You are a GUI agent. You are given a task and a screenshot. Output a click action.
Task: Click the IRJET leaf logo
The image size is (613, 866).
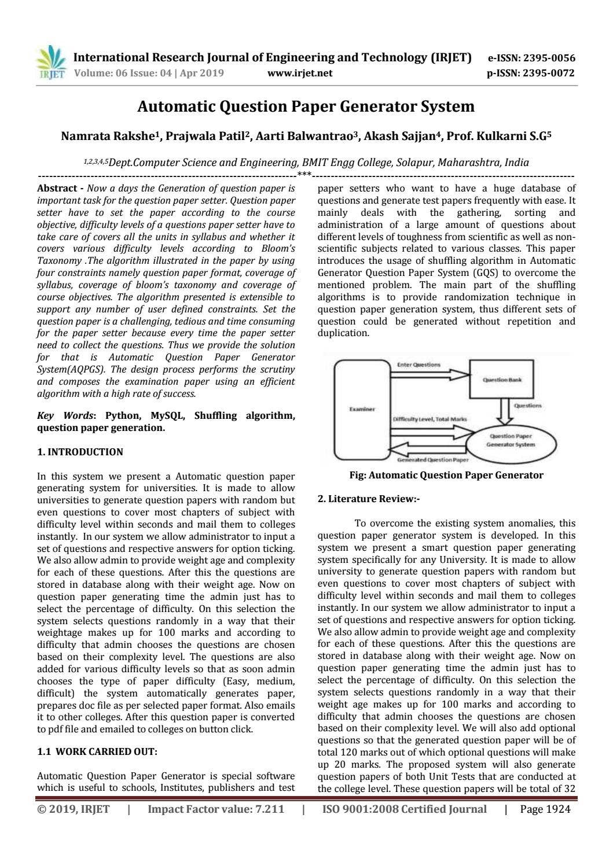click(x=51, y=62)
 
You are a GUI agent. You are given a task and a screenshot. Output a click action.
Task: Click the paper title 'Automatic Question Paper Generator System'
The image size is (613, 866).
click(x=306, y=106)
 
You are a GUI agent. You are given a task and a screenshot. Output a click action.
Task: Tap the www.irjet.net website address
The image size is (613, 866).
click(x=300, y=73)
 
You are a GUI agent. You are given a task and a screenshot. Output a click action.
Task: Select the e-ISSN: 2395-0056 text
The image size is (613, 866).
click(x=531, y=58)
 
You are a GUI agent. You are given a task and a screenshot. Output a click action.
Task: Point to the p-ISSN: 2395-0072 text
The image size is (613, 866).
click(x=531, y=73)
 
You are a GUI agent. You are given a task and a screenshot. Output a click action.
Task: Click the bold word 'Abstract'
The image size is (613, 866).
click(x=57, y=188)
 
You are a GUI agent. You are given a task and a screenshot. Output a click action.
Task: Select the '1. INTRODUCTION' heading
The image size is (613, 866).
click(x=80, y=452)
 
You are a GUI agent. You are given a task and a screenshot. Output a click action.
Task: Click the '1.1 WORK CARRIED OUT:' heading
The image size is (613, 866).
click(x=97, y=751)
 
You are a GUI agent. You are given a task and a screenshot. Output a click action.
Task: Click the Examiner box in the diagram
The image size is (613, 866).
click(x=362, y=409)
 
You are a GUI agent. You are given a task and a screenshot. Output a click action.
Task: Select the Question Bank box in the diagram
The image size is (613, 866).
click(x=501, y=379)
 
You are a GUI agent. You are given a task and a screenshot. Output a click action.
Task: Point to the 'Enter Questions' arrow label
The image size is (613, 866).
click(x=419, y=364)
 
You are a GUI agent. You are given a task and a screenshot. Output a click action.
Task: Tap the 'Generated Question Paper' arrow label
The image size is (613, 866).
click(x=432, y=460)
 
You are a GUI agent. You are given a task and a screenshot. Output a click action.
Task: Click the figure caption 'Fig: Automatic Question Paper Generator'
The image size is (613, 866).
click(x=446, y=475)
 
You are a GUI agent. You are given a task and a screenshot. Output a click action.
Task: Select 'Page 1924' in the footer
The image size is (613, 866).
click(x=545, y=809)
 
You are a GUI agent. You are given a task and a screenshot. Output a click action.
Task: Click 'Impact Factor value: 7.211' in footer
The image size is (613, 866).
click(x=216, y=809)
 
